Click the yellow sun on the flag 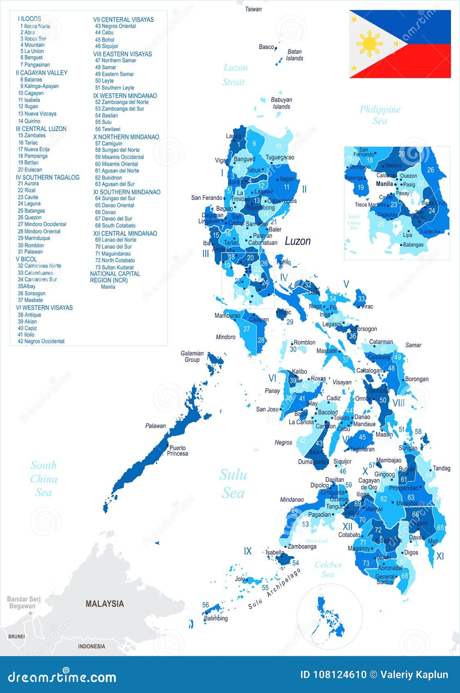(369, 43)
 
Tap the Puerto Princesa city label (177, 451)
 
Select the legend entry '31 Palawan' (30, 252)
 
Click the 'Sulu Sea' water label (233, 484)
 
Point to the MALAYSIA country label (104, 604)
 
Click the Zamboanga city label (302, 546)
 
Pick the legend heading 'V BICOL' (26, 259)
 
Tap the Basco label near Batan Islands (266, 47)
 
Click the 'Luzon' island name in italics (297, 241)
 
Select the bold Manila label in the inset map (384, 184)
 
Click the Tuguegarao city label (280, 157)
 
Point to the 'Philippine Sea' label (380, 115)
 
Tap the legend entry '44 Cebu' (104, 33)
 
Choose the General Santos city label (385, 579)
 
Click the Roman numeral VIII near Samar (398, 403)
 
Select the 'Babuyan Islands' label (281, 103)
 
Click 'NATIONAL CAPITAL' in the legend (115, 274)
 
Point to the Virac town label (367, 306)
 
